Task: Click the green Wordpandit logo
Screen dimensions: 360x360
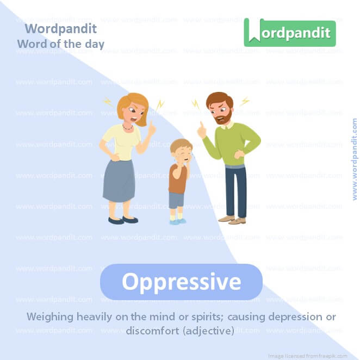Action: (290, 33)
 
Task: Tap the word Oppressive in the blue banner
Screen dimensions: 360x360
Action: (181, 282)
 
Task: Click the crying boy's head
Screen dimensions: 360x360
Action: (181, 149)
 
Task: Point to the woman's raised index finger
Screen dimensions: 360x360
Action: (153, 126)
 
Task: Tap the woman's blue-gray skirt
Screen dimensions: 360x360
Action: (119, 181)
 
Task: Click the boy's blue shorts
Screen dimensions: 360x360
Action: (176, 200)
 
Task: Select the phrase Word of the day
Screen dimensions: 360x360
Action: (60, 44)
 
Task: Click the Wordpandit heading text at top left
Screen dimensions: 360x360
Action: (60, 29)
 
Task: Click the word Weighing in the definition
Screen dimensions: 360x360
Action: (50, 316)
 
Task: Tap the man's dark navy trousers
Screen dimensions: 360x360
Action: (235, 190)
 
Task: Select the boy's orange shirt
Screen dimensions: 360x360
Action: (177, 178)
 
